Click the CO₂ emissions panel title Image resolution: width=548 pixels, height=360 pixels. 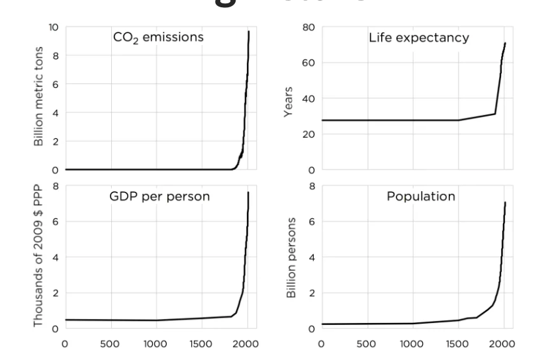point(156,37)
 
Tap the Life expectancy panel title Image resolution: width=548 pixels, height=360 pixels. point(418,37)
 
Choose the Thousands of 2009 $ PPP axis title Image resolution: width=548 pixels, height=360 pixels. point(38,257)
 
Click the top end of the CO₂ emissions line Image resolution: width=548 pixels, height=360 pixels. point(249,31)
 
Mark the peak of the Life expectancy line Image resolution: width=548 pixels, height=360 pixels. point(505,43)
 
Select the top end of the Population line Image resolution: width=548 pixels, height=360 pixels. point(505,202)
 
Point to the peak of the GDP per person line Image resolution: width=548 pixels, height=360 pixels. point(248,192)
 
